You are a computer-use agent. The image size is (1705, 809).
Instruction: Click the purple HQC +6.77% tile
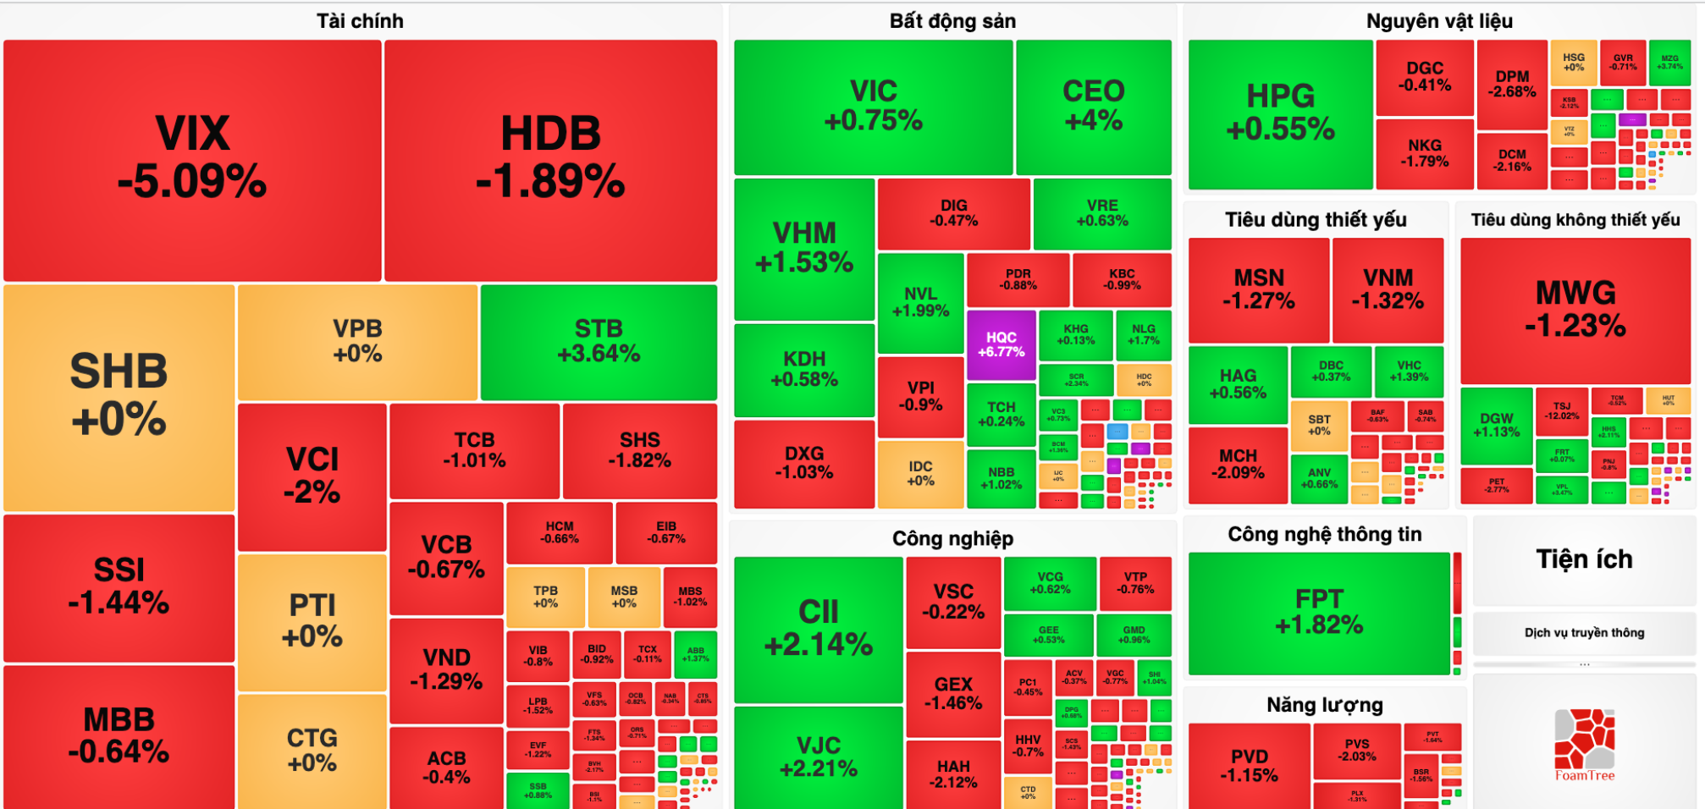(x=1001, y=344)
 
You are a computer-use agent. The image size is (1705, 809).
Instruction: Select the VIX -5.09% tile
(x=192, y=159)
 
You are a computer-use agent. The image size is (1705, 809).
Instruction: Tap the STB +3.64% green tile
(x=599, y=341)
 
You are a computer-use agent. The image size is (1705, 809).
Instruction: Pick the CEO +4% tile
(x=1093, y=106)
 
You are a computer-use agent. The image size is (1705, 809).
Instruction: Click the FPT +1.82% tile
(x=1319, y=612)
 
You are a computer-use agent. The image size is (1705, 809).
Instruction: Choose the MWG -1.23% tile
(x=1575, y=309)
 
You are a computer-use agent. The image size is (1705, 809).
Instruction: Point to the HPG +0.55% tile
(x=1280, y=113)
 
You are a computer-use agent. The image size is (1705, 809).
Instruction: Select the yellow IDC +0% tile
(x=920, y=473)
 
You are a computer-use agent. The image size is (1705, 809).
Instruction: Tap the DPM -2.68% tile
(x=1512, y=84)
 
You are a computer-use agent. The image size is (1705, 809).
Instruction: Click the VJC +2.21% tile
(x=818, y=757)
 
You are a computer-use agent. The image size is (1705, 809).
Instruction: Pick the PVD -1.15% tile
(x=1249, y=765)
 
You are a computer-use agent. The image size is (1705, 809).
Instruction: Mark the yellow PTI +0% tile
(x=312, y=620)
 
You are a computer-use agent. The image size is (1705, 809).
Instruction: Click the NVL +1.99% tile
(x=920, y=302)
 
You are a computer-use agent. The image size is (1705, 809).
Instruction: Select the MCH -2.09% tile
(x=1238, y=464)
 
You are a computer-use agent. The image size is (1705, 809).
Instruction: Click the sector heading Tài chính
(x=360, y=21)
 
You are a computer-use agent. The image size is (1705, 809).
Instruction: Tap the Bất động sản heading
(x=952, y=21)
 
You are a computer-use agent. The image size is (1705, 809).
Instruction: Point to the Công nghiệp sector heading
(x=952, y=538)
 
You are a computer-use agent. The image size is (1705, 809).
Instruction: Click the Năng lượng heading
(x=1324, y=705)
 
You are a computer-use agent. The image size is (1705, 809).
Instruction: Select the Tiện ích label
(x=1584, y=559)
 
